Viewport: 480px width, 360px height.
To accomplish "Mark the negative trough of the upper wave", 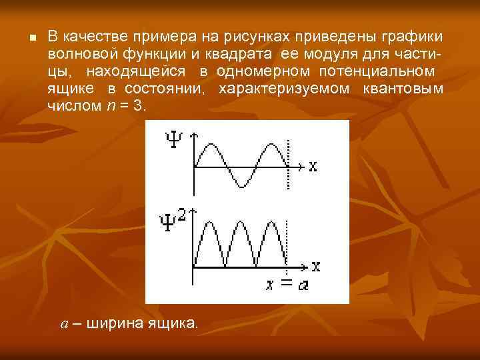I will pos(241,186).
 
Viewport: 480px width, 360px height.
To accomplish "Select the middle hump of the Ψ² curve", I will pos(241,224).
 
